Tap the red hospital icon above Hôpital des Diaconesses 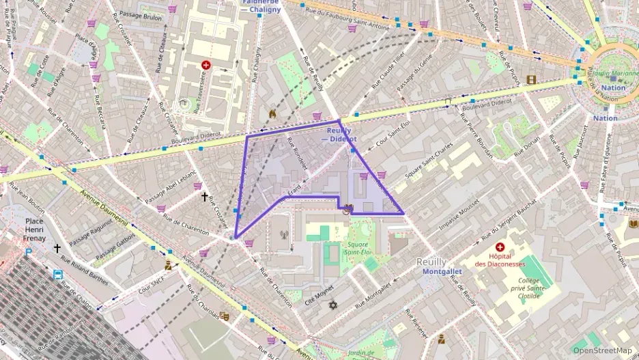[500, 247]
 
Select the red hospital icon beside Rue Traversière [205, 65]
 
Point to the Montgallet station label [442, 271]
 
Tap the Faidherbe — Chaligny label [260, 6]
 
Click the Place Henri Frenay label [35, 230]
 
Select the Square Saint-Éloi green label [357, 249]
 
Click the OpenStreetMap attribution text [602, 350]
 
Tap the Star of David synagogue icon [332, 305]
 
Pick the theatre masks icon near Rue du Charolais [225, 316]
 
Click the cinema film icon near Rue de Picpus [532, 79]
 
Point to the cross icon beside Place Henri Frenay [57, 249]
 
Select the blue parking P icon [28, 251]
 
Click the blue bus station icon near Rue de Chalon [58, 275]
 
